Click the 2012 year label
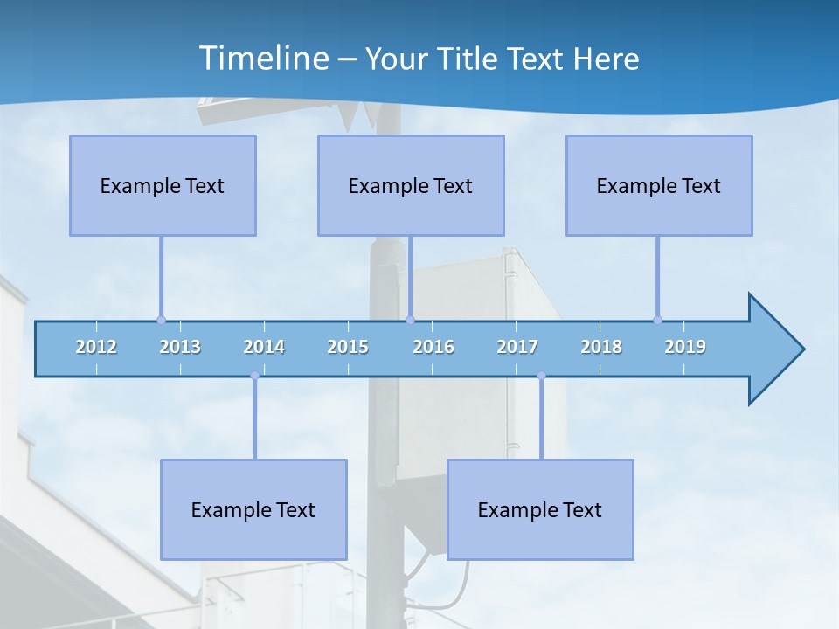coord(96,347)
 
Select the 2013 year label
coord(180,347)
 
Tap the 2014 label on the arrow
coord(264,347)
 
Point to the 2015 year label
coord(348,347)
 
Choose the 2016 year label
coord(433,347)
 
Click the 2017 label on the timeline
coord(517,347)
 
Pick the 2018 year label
coord(601,347)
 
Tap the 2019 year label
coord(685,347)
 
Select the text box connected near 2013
coord(163,185)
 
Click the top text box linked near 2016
coord(411,185)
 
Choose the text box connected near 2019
coord(659,185)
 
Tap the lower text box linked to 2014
coord(253,509)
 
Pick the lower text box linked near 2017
coord(540,509)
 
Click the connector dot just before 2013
coord(161,320)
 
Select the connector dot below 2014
coord(254,376)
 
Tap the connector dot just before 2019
coord(657,320)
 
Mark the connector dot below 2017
coord(541,376)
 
